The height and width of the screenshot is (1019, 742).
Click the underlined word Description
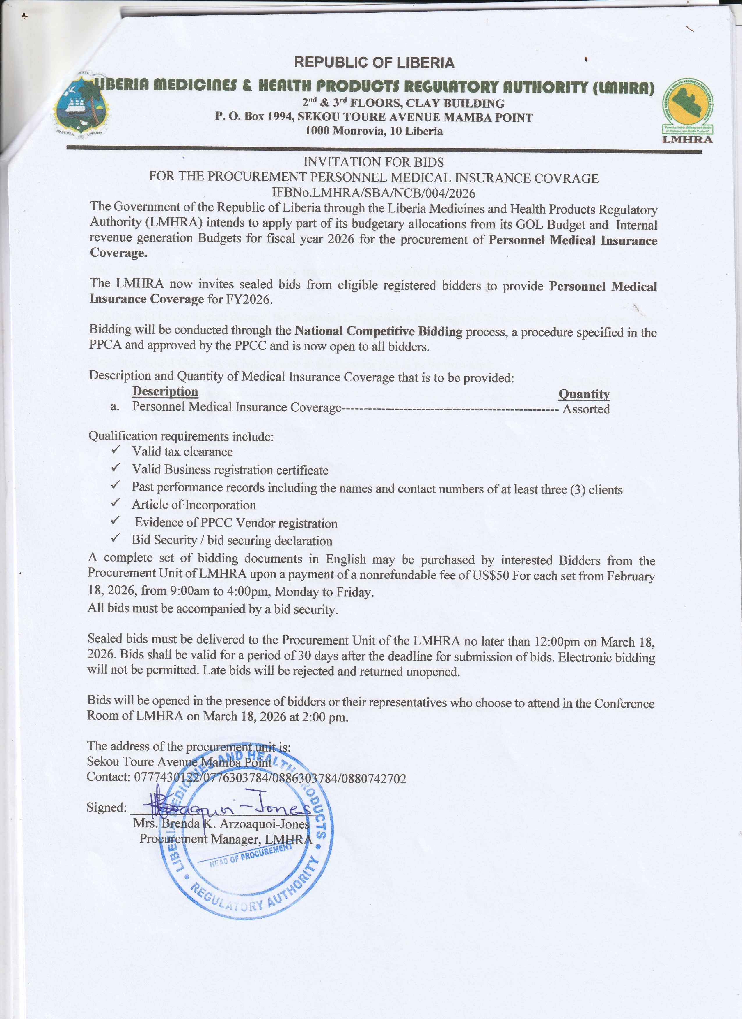[x=165, y=391]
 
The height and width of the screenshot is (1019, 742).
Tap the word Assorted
[x=586, y=409]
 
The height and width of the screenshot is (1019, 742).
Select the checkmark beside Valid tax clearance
[x=116, y=450]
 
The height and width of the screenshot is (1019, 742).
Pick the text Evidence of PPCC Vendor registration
[x=236, y=523]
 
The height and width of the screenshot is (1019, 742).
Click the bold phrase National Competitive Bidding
[x=378, y=332]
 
